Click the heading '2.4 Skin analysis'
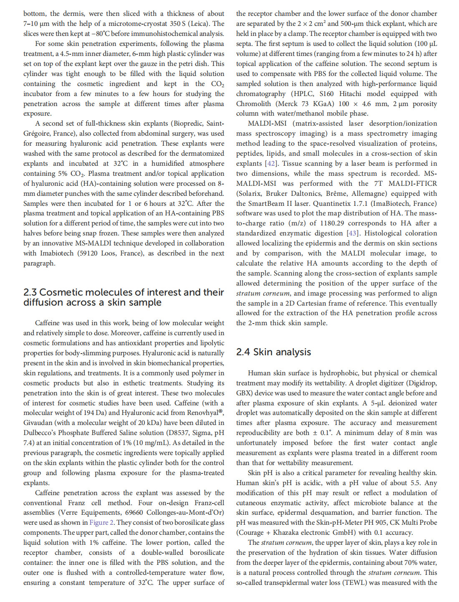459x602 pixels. [x=273, y=352]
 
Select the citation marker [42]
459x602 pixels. [x=270, y=164]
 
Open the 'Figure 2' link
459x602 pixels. [x=101, y=523]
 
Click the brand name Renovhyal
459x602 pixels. [x=203, y=413]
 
